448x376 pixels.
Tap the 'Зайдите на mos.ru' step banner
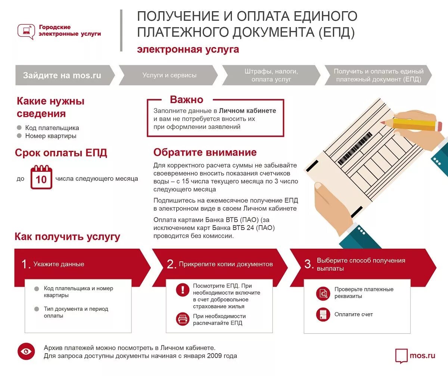[63, 75]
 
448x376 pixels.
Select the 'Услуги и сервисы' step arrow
[169, 75]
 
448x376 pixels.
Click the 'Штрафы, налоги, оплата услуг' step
[271, 75]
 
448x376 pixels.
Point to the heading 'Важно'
[187, 100]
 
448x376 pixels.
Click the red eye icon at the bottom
[26, 351]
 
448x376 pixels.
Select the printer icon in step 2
[183, 319]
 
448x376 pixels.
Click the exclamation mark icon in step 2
[183, 289]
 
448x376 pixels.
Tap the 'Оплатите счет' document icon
[323, 314]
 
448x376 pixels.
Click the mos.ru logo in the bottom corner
[415, 355]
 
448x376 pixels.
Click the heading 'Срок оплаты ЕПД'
[61, 153]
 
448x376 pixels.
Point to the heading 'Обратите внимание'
[205, 152]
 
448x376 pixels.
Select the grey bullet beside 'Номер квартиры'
[19, 136]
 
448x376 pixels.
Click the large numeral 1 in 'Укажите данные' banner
[25, 264]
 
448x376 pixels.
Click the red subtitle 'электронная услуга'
[188, 49]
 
